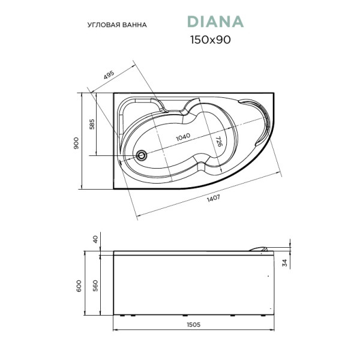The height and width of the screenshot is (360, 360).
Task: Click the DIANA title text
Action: [x=215, y=22]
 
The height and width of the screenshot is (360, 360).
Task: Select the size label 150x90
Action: [x=211, y=40]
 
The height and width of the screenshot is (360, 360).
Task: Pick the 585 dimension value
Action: [x=92, y=124]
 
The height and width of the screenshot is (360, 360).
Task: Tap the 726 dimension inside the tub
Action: [x=219, y=142]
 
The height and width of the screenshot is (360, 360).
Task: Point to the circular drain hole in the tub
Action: [x=142, y=155]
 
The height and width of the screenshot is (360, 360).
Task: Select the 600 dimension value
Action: [x=78, y=286]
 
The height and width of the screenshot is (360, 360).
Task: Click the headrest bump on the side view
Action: [x=260, y=247]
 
